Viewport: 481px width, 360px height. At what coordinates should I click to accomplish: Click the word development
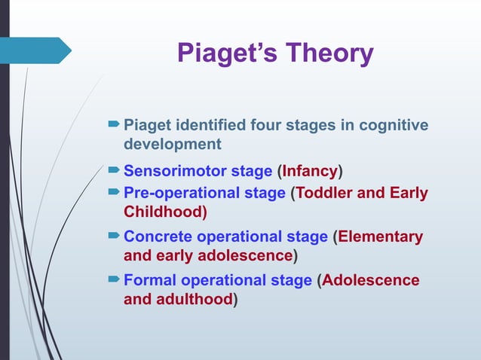[172, 143]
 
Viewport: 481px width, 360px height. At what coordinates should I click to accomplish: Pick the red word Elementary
[381, 237]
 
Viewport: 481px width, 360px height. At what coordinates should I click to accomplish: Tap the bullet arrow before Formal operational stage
[114, 281]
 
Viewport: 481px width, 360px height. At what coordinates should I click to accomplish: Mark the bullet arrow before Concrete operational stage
[114, 237]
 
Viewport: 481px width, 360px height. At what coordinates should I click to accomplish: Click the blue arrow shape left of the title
[38, 50]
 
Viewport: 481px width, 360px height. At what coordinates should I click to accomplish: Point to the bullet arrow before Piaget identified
[114, 124]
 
